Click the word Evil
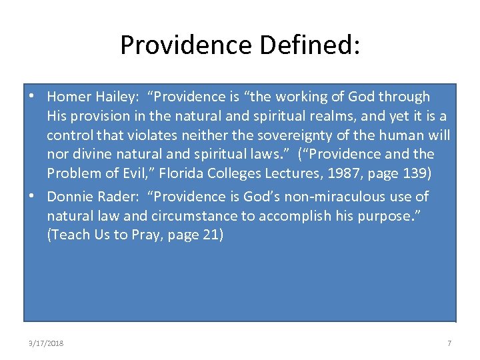coord(145,173)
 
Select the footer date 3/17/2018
coord(46,343)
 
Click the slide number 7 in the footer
coord(449,343)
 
